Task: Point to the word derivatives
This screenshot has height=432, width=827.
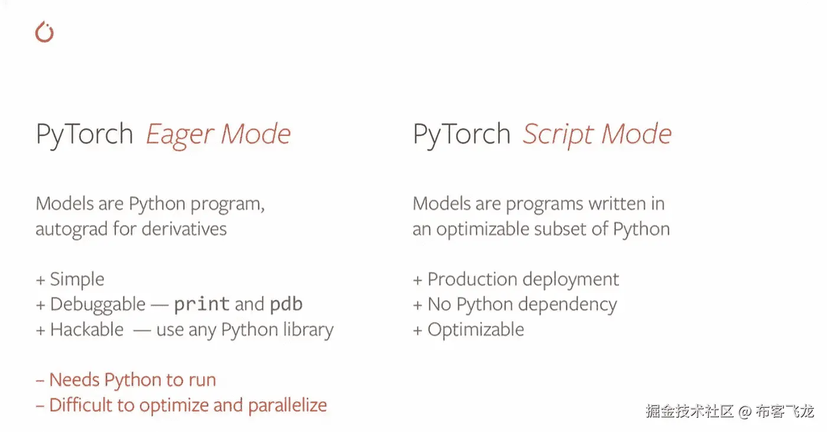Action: point(184,229)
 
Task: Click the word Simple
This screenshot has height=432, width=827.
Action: point(77,280)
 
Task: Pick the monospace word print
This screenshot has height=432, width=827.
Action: point(202,304)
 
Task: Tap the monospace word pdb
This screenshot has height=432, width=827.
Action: point(286,304)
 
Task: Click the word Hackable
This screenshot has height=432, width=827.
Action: point(87,329)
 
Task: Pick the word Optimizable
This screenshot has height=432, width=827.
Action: point(476,330)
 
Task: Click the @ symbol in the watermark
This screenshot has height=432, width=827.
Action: point(745,411)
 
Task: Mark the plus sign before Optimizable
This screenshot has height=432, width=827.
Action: point(418,330)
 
